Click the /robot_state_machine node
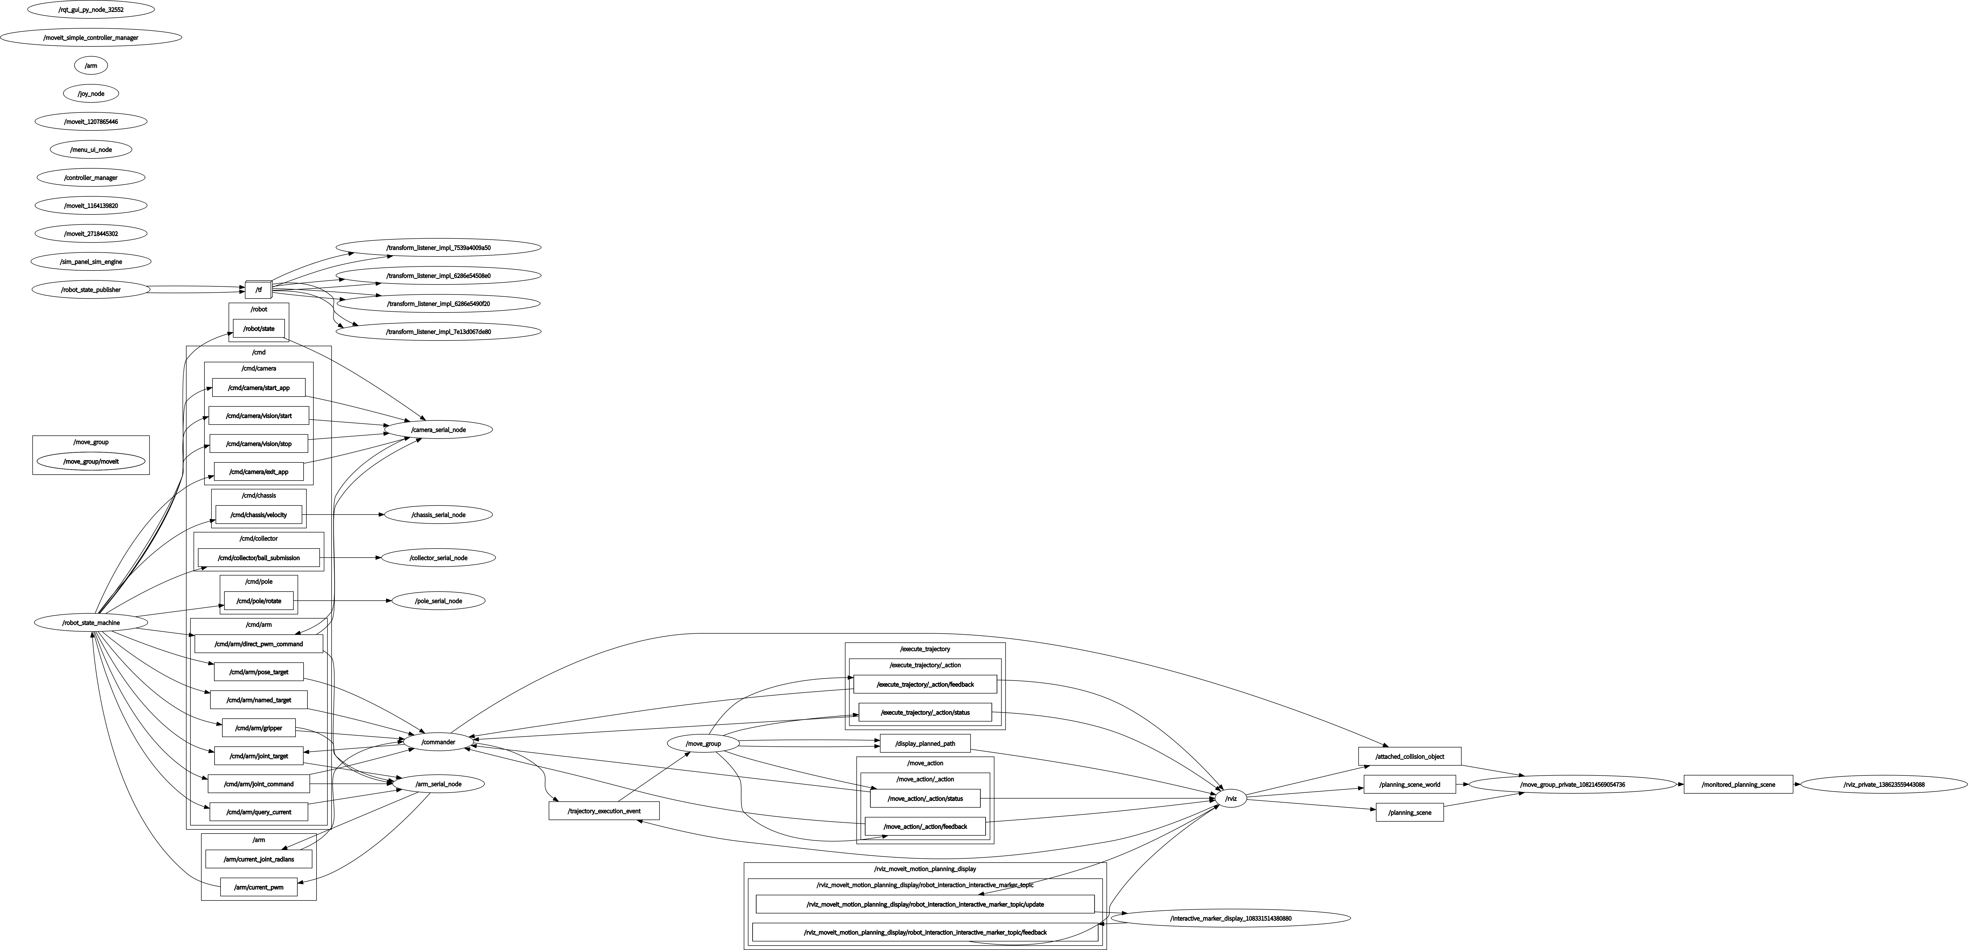(91, 622)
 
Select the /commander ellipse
(438, 741)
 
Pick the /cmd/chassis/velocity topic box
(259, 515)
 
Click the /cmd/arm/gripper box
(259, 728)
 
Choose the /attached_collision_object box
(1410, 756)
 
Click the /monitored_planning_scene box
(1738, 784)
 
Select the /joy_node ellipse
(91, 93)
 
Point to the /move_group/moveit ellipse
(91, 461)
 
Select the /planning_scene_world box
(1410, 784)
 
